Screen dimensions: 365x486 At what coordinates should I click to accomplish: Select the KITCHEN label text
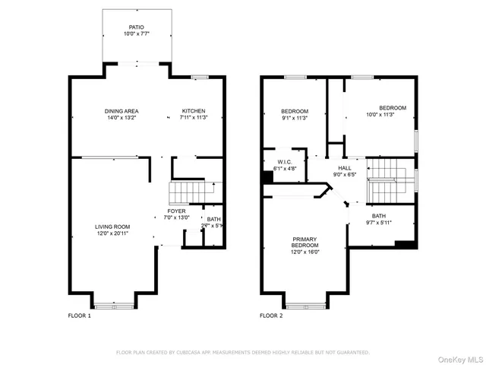pyautogui.click(x=193, y=112)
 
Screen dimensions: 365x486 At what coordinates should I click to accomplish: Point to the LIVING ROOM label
pyautogui.click(x=112, y=227)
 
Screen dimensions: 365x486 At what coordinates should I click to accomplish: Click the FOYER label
pyautogui.click(x=176, y=211)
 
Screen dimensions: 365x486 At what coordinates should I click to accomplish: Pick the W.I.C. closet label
pyautogui.click(x=283, y=161)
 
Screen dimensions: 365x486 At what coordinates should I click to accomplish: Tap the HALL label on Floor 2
pyautogui.click(x=345, y=168)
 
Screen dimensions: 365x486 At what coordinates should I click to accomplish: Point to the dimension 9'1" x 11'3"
pyautogui.click(x=295, y=118)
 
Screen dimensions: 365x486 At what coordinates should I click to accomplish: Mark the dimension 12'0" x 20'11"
pyautogui.click(x=112, y=233)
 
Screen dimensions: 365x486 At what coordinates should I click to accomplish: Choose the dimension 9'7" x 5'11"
pyautogui.click(x=378, y=223)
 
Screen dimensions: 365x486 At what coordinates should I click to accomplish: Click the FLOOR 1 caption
pyautogui.click(x=79, y=315)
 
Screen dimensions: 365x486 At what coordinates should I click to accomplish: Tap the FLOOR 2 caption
pyautogui.click(x=271, y=315)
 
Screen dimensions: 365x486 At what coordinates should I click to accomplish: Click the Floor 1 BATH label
pyautogui.click(x=214, y=220)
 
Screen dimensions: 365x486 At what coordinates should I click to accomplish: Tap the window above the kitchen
pyautogui.click(x=200, y=77)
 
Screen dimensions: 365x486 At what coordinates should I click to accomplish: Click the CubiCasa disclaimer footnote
pyautogui.click(x=242, y=352)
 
